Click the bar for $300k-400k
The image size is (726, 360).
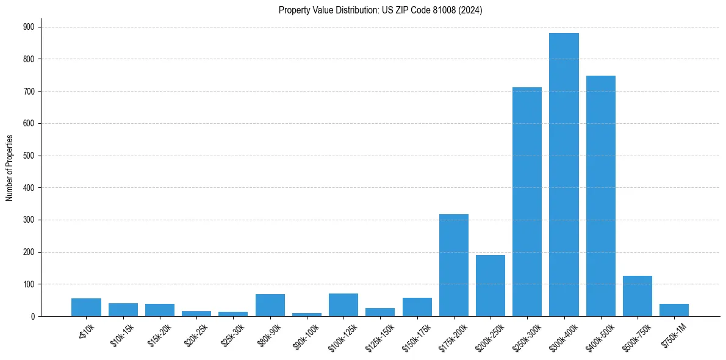pyautogui.click(x=564, y=175)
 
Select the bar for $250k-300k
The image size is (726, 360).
pyautogui.click(x=527, y=202)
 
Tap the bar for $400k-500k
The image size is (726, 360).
pyautogui.click(x=600, y=196)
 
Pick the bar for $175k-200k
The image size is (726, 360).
pyautogui.click(x=453, y=265)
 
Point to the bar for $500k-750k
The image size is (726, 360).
pyautogui.click(x=637, y=296)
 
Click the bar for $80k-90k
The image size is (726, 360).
pyautogui.click(x=270, y=305)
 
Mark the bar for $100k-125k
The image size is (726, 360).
pyautogui.click(x=343, y=304)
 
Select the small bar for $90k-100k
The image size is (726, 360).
pyautogui.click(x=307, y=314)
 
